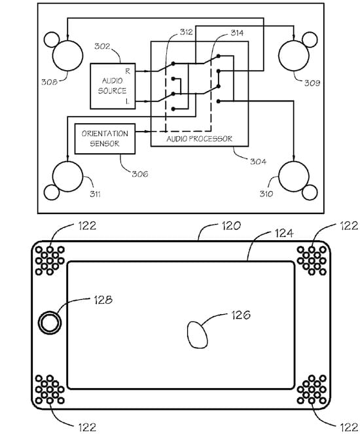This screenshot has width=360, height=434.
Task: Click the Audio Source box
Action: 113,86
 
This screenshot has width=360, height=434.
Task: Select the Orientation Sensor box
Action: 105,139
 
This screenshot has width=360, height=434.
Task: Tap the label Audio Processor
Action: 199,139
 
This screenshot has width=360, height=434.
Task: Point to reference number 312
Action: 187,32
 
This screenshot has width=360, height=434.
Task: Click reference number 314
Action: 237,33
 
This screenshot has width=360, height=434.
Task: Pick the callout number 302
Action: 102,46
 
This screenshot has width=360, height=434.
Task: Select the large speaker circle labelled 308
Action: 67,56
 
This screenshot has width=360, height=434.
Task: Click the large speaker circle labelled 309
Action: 294,56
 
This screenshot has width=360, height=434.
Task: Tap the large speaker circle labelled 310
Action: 294,176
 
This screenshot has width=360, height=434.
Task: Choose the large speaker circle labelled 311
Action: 67,176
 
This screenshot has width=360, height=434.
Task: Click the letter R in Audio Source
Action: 128,71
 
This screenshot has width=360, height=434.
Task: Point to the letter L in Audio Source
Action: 128,101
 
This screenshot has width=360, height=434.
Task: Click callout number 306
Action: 140,174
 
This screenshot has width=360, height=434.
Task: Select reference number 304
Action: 258,162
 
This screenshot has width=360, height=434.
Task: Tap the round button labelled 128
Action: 50,323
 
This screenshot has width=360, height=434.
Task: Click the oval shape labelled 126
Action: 197,335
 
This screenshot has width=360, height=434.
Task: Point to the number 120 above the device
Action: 231,226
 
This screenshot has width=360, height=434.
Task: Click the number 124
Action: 284,233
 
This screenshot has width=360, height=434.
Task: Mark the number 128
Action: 103,300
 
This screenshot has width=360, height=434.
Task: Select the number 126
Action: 241,315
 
